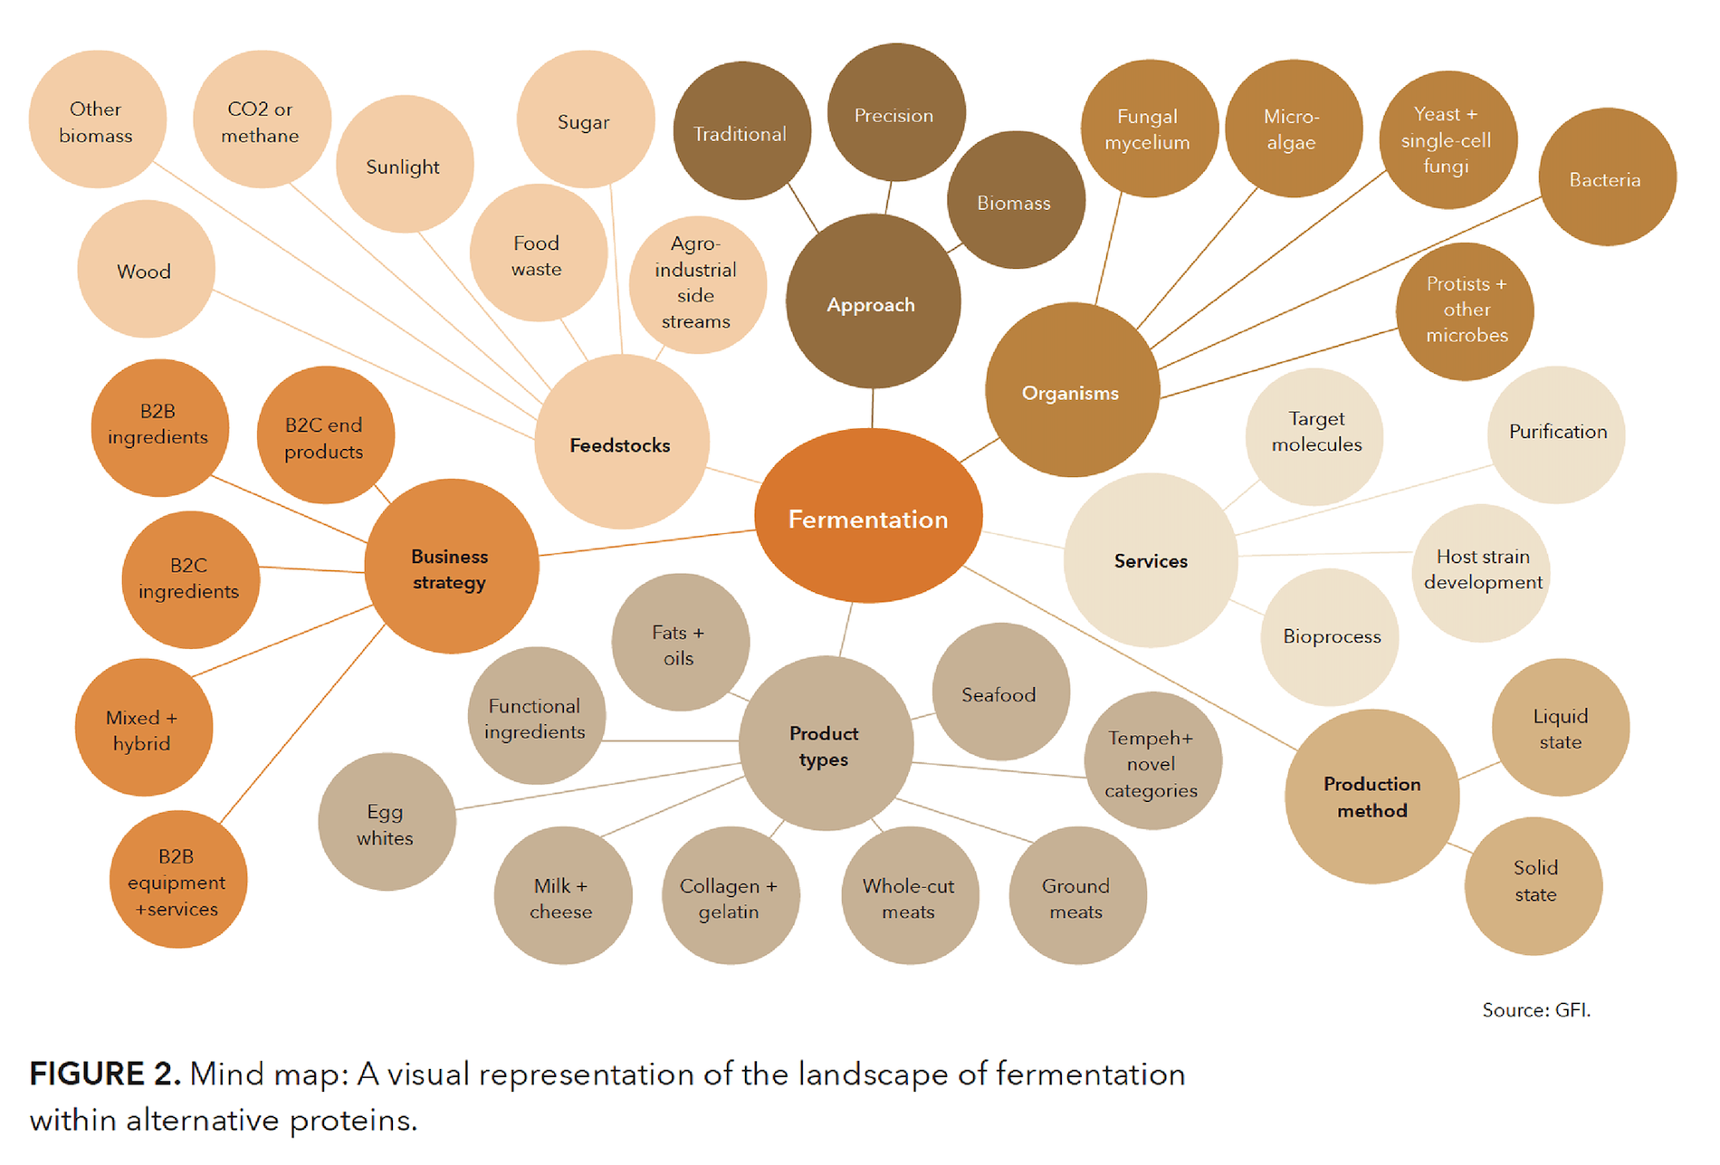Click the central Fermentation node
(x=868, y=516)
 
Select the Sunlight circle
(x=405, y=165)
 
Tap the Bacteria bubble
(x=1608, y=177)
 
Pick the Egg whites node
(x=387, y=822)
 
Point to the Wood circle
(x=146, y=269)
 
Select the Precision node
(x=896, y=112)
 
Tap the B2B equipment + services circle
(x=178, y=879)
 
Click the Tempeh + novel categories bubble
(x=1153, y=761)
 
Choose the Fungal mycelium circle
(x=1150, y=129)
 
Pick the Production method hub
(x=1372, y=797)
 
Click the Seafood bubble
(x=1001, y=692)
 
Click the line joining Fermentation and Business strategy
(x=647, y=543)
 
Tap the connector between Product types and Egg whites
(x=598, y=787)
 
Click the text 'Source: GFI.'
(x=1536, y=1009)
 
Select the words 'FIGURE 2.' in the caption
(x=105, y=1074)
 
